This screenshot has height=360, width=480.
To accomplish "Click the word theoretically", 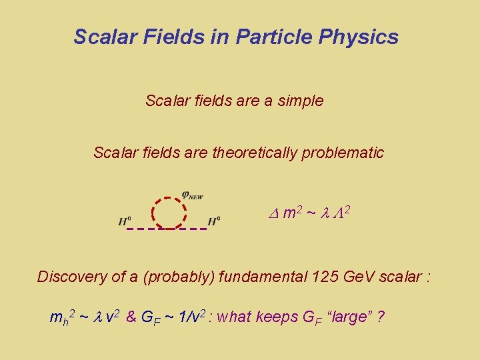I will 255,153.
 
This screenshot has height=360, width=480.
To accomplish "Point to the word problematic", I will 343,153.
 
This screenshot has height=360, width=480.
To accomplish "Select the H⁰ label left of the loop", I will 125,221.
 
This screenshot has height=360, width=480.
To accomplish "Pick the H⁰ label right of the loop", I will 214,221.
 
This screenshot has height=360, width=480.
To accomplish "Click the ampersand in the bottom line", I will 131,317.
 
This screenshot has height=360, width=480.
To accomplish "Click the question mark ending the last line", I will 380,317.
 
